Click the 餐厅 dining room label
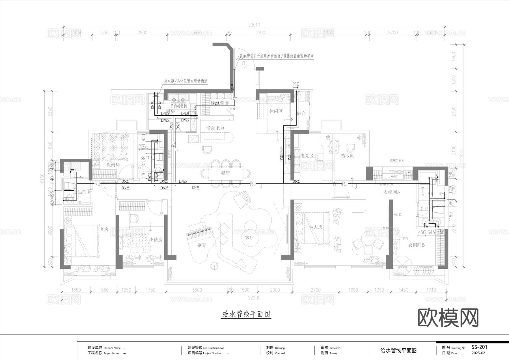225,173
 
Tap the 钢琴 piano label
202,245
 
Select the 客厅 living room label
249,238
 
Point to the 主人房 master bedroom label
316,227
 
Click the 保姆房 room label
113,165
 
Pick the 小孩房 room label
156,239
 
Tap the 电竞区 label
307,156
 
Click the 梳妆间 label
348,156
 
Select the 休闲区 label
276,111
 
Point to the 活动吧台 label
215,128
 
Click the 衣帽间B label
416,245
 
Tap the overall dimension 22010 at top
254,25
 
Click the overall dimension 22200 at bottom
254,298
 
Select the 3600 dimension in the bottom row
197,290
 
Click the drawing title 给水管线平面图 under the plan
246,314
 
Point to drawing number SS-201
479,347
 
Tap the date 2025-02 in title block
478,353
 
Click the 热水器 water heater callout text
186,81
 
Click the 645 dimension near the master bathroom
431,232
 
